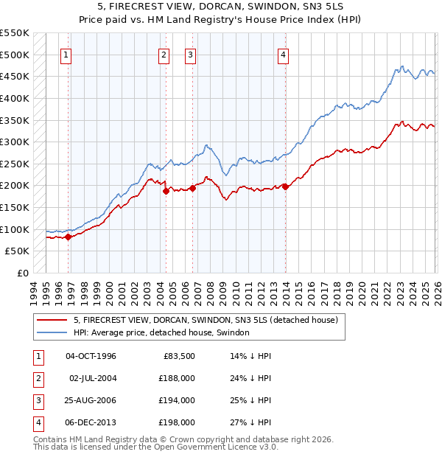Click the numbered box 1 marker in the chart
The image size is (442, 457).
point(66,54)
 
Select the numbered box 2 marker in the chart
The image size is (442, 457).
point(164,54)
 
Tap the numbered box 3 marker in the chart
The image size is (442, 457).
point(190,54)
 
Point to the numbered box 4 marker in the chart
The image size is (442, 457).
point(283,54)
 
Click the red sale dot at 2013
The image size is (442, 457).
point(285,186)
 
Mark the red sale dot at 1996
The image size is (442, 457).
point(69,237)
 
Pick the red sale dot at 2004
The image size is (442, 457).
point(166,191)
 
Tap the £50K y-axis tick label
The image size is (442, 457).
point(17,251)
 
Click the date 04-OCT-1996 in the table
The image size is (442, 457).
point(91,356)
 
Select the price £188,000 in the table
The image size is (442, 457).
point(178,378)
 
